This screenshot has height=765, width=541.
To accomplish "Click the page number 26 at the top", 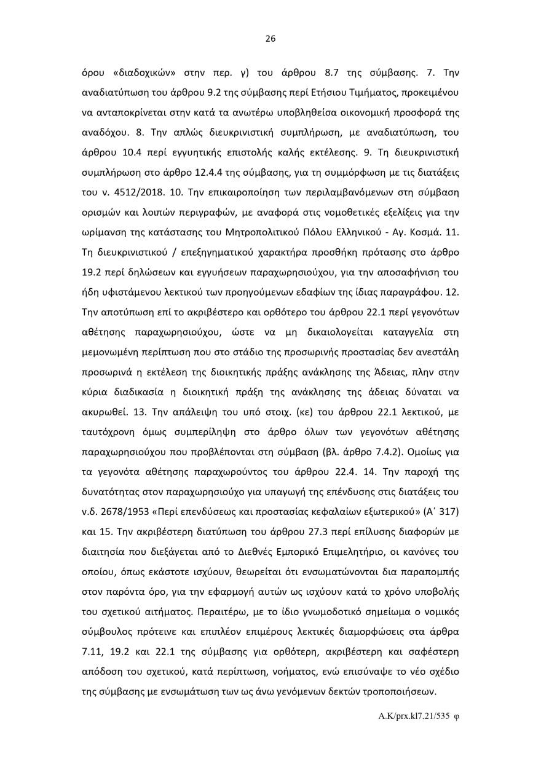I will tap(270, 39).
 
